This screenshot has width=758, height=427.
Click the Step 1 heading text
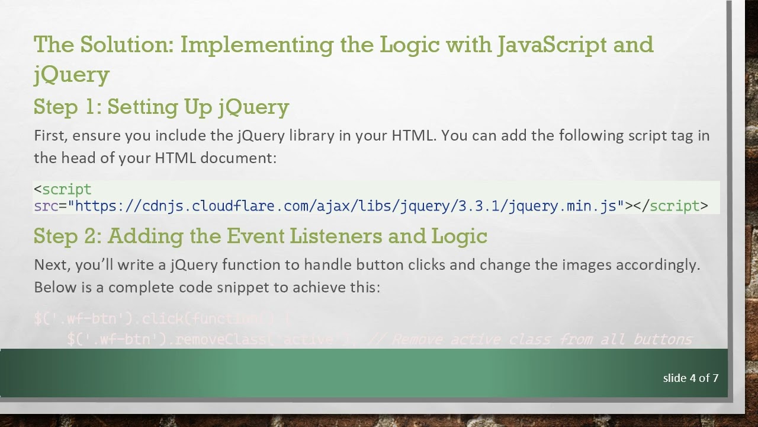[161, 107]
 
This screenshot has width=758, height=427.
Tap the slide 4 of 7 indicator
[690, 378]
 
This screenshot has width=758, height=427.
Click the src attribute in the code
[46, 206]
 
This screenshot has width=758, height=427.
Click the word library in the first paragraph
[311, 135]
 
